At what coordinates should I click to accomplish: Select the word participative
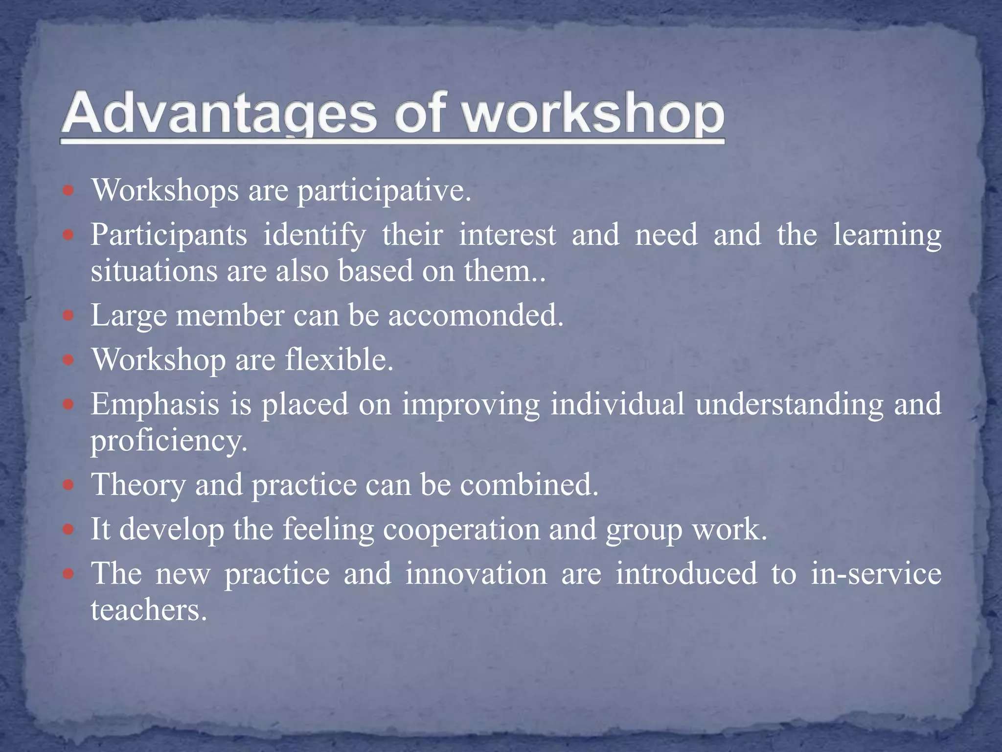[384, 191]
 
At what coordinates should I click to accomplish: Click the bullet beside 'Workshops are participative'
[69, 190]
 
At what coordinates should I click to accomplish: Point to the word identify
[315, 235]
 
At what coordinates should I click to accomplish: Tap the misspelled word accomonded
[476, 315]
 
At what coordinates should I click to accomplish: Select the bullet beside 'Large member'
[69, 315]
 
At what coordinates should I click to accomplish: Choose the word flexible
[339, 360]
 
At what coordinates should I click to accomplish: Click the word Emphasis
[155, 405]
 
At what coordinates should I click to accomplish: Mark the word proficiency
[169, 442]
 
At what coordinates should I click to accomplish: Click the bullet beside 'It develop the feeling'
[69, 530]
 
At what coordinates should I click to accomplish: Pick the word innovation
[476, 574]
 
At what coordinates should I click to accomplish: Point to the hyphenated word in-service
[876, 574]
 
